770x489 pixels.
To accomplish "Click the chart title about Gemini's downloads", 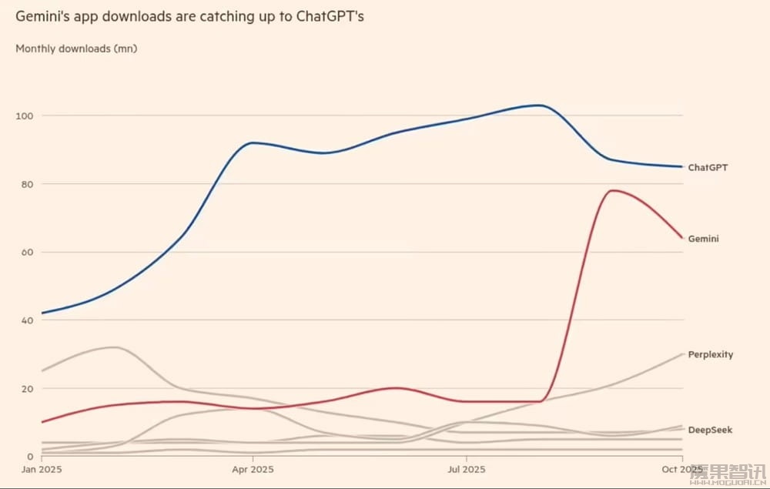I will click(x=189, y=16).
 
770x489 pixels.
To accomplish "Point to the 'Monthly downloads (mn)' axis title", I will click(x=76, y=49).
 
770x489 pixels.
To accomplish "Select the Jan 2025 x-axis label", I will click(x=42, y=469).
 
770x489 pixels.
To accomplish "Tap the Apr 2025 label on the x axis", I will click(x=252, y=469).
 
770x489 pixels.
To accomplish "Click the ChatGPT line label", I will click(x=708, y=167).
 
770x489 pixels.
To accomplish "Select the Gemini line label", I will click(x=704, y=239).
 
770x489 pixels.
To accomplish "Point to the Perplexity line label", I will click(x=710, y=355).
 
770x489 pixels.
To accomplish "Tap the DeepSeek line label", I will click(x=710, y=430).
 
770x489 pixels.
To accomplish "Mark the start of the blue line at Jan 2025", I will click(x=42, y=313).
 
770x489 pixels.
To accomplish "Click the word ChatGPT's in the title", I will click(x=330, y=16).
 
